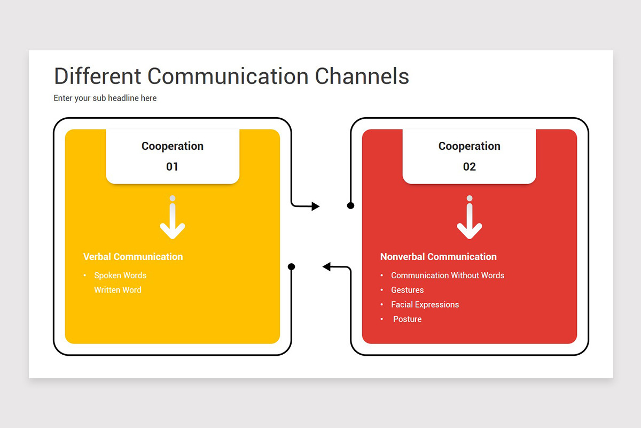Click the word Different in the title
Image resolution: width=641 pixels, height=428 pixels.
coord(97,76)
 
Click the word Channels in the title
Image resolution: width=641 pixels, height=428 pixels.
coord(362,76)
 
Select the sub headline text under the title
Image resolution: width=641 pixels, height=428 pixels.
coord(105,98)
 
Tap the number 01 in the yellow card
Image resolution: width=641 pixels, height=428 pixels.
coord(172,166)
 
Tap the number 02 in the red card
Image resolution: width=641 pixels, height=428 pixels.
coord(470,166)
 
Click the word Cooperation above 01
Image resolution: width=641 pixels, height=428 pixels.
coord(173,146)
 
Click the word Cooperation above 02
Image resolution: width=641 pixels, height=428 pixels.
coord(470,146)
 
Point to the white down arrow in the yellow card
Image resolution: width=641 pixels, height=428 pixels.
coord(172,218)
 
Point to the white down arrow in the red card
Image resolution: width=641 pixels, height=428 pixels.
coord(470,218)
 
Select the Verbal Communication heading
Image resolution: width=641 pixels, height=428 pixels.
coord(133,257)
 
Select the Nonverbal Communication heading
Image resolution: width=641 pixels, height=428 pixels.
coord(439,257)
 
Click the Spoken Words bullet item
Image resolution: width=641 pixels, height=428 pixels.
coord(120,275)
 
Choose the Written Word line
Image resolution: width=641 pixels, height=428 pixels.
coord(118,290)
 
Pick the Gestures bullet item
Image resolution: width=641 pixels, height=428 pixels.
coord(407,290)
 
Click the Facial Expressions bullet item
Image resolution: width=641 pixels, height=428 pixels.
coord(425,304)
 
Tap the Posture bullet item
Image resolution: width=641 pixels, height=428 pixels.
coord(407,319)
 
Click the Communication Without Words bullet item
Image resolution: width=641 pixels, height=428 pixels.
coord(448,275)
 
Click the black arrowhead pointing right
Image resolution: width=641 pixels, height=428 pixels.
coord(316,206)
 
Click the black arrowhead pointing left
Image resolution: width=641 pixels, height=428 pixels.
coord(326,266)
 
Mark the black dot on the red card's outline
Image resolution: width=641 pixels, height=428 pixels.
coord(350,205)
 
